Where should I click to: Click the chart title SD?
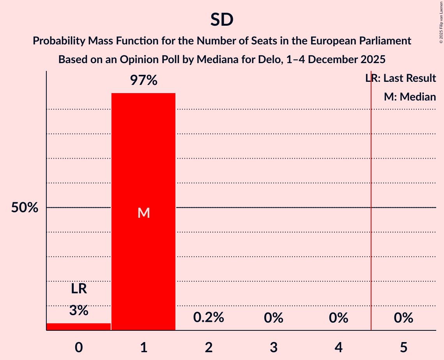click(222, 19)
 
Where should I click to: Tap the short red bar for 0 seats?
click(78, 326)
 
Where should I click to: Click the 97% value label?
click(143, 81)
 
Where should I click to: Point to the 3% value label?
click(78, 311)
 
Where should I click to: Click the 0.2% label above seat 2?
click(209, 318)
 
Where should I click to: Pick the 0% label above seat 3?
click(274, 318)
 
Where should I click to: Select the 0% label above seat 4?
click(338, 318)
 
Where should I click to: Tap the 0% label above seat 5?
click(403, 318)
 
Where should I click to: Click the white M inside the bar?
click(143, 213)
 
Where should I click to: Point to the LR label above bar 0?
click(78, 289)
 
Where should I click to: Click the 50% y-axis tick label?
click(25, 208)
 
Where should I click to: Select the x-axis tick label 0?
click(78, 347)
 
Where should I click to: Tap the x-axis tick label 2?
click(209, 347)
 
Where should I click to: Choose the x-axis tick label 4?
click(338, 347)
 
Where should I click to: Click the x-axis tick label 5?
click(403, 347)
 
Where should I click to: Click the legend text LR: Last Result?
click(400, 78)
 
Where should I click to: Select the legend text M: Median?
click(410, 97)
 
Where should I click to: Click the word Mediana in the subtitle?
click(215, 60)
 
